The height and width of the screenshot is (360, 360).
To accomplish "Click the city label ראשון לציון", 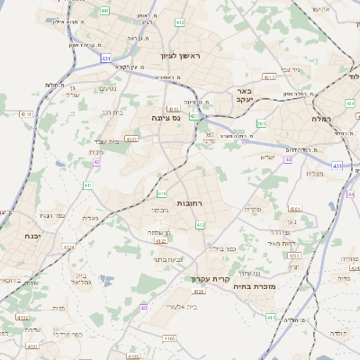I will (x=183, y=57).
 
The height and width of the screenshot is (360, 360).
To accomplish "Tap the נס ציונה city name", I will (x=165, y=117).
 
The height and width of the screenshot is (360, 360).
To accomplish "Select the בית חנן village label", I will (x=112, y=112).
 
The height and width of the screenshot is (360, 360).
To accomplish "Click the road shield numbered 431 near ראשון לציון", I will (x=106, y=58).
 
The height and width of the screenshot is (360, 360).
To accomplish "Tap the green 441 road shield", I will (x=105, y=11).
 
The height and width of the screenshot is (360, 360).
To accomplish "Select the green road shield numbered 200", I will (x=261, y=123).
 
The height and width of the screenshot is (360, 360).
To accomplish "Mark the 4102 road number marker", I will (x=22, y=318).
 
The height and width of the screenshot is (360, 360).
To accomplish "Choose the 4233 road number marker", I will (x=131, y=139).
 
